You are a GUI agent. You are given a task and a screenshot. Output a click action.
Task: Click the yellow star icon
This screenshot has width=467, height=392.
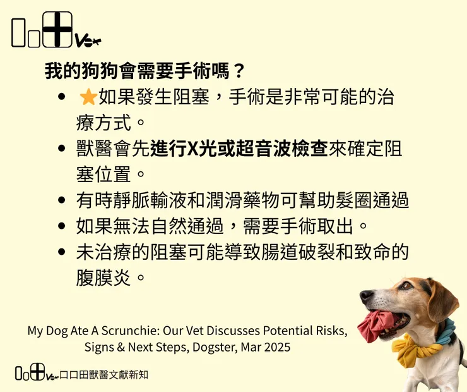pyautogui.click(x=88, y=97)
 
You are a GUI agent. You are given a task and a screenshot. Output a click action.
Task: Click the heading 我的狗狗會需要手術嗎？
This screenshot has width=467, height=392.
pyautogui.click(x=145, y=70)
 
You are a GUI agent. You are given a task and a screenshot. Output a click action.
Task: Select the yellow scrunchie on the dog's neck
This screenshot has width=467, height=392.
pyautogui.click(x=413, y=350)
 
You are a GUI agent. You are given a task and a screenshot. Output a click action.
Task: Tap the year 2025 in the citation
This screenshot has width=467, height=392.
pyautogui.click(x=278, y=348)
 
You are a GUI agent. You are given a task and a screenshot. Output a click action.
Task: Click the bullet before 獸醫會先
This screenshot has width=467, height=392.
pyautogui.click(x=62, y=149)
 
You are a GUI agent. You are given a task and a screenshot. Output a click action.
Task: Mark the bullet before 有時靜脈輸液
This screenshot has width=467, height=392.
pyautogui.click(x=62, y=200)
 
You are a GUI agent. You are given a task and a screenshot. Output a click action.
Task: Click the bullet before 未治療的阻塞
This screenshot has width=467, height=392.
pyautogui.click(x=62, y=252)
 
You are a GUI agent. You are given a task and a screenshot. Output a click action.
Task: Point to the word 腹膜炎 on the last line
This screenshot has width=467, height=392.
pyautogui.click(x=103, y=278)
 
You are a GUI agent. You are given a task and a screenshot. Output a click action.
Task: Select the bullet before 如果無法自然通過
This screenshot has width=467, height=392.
pyautogui.click(x=62, y=226)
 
